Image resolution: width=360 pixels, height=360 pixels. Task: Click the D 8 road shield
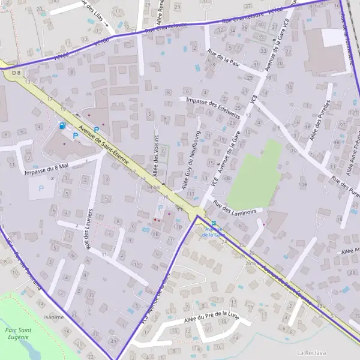16,73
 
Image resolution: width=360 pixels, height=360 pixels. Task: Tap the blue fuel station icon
62,126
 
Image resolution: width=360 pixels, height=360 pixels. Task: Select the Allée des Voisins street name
156,154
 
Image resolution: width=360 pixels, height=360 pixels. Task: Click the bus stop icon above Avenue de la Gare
214,223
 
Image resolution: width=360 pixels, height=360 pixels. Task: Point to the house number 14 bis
154,187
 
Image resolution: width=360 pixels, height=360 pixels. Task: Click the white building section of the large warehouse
334,38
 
